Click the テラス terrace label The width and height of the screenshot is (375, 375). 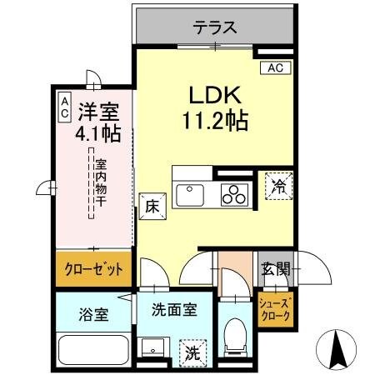(215, 27)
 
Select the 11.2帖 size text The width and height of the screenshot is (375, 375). (215, 122)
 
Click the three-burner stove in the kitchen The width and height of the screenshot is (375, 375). (233, 196)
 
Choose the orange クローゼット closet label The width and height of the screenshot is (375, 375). (94, 270)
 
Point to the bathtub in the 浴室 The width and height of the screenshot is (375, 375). (93, 348)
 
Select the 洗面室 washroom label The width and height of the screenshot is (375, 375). (173, 310)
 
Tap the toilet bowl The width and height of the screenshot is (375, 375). (236, 332)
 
